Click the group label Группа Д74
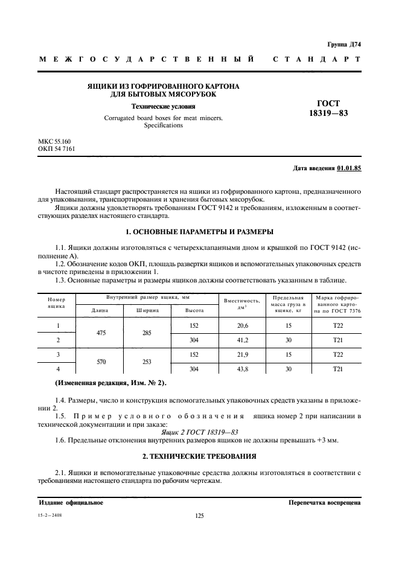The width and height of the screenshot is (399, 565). point(343,45)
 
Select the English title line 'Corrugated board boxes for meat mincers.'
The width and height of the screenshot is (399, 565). point(163,118)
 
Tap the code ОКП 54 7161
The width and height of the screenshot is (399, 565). point(57,148)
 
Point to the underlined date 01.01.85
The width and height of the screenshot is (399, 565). point(349,168)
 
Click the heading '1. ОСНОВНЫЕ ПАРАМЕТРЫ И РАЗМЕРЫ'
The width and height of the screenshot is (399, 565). point(199,232)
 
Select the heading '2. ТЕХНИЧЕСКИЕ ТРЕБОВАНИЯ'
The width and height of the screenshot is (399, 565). point(199,455)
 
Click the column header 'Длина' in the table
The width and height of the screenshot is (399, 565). point(99,311)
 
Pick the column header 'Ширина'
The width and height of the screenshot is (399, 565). point(147,311)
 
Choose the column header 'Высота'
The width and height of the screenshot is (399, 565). point(194,311)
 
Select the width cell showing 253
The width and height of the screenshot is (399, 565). point(147,361)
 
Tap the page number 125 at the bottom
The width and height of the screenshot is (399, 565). point(200,516)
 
